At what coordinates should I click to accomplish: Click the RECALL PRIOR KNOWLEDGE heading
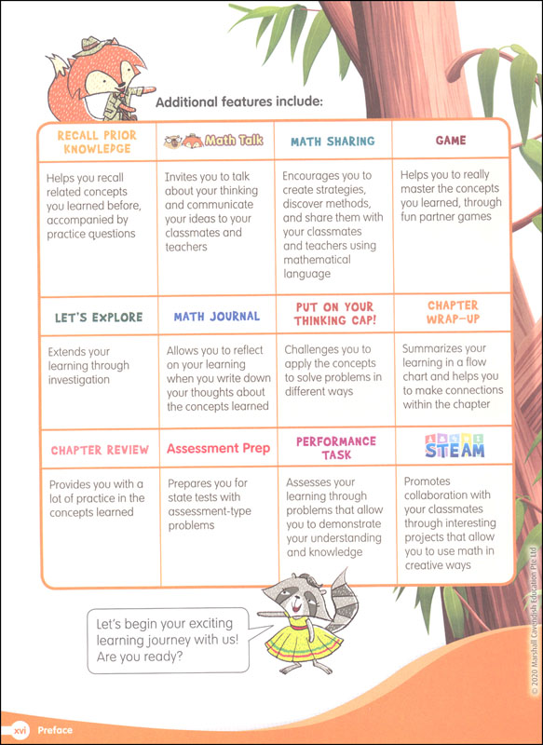click(97, 142)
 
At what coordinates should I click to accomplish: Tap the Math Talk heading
click(213, 142)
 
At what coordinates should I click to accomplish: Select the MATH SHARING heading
click(333, 142)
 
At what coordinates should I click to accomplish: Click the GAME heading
click(451, 141)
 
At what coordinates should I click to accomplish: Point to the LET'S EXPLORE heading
click(99, 318)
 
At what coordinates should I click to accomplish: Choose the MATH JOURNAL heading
click(217, 317)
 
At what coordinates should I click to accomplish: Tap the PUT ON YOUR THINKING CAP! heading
click(333, 314)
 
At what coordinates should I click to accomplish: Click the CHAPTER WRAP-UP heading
click(454, 312)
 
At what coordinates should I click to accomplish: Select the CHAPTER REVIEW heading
click(100, 450)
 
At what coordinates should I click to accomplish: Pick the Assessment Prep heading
click(219, 449)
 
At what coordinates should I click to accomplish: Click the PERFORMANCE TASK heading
click(336, 448)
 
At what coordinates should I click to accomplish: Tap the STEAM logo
click(455, 447)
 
